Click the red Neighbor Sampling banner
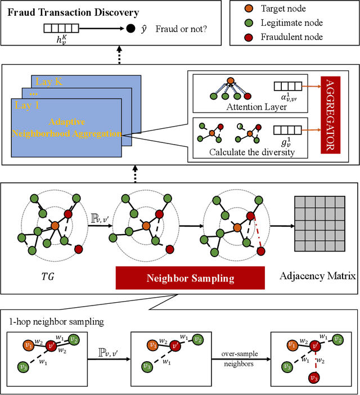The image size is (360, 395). tap(191, 277)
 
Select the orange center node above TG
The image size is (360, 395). tap(55, 226)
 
